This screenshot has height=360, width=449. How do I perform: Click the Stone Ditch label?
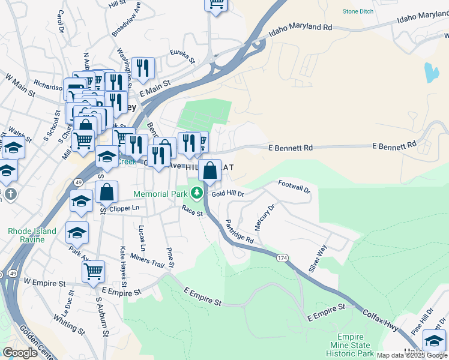click(359, 11)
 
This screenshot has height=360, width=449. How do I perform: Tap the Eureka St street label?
click(184, 56)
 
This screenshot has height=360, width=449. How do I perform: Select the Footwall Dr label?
click(294, 187)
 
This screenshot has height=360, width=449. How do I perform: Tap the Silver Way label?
click(318, 259)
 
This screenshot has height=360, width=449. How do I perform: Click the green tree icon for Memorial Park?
click(196, 193)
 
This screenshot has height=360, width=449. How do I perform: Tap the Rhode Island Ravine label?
click(32, 235)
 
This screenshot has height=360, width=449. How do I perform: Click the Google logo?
click(20, 352)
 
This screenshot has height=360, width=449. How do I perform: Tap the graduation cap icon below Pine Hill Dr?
click(434, 340)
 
